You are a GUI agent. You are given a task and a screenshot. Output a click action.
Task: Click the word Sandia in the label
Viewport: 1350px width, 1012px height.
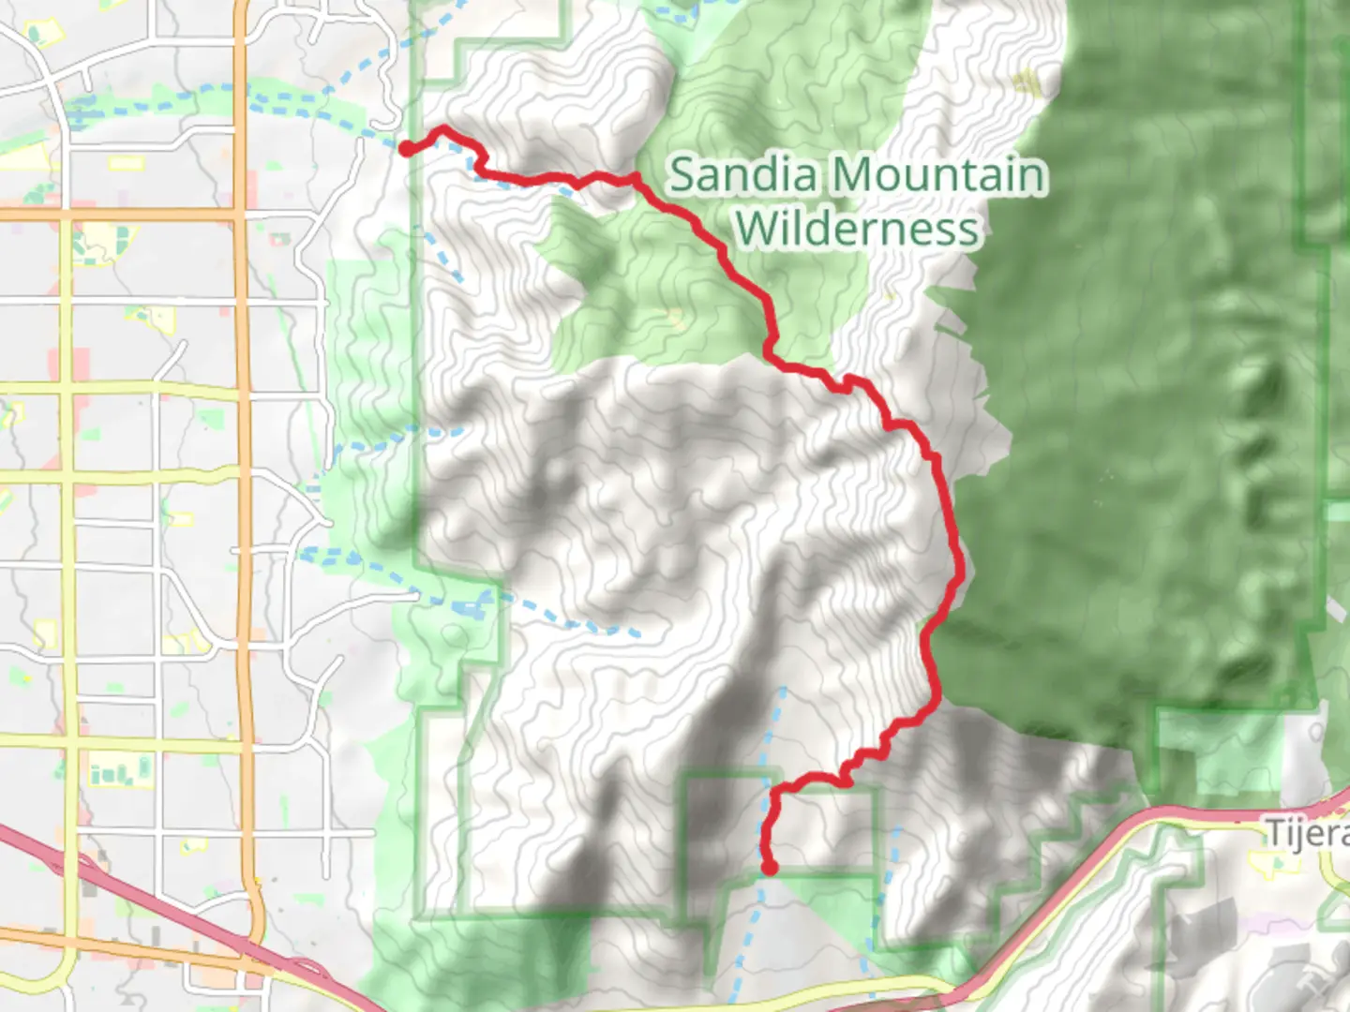pyautogui.click(x=744, y=175)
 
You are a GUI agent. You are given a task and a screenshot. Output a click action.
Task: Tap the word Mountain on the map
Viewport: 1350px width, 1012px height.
pyautogui.click(x=937, y=175)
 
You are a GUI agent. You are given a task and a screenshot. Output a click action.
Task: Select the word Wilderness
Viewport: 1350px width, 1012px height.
pyautogui.click(x=857, y=228)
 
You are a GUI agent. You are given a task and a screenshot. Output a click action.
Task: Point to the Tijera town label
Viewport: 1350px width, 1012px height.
pyautogui.click(x=1308, y=832)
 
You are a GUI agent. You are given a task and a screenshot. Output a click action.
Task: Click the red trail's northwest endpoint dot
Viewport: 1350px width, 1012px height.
pyautogui.click(x=408, y=148)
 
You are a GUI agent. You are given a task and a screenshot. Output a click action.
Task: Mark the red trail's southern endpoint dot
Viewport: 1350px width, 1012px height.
pyautogui.click(x=769, y=868)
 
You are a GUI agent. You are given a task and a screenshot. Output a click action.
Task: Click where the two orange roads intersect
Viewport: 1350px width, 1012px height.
pyautogui.click(x=240, y=215)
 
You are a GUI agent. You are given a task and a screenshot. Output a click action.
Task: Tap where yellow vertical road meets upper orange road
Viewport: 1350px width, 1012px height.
pyautogui.click(x=66, y=215)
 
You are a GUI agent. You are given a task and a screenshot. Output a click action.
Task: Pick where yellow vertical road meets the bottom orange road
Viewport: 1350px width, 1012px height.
pyautogui.click(x=66, y=937)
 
